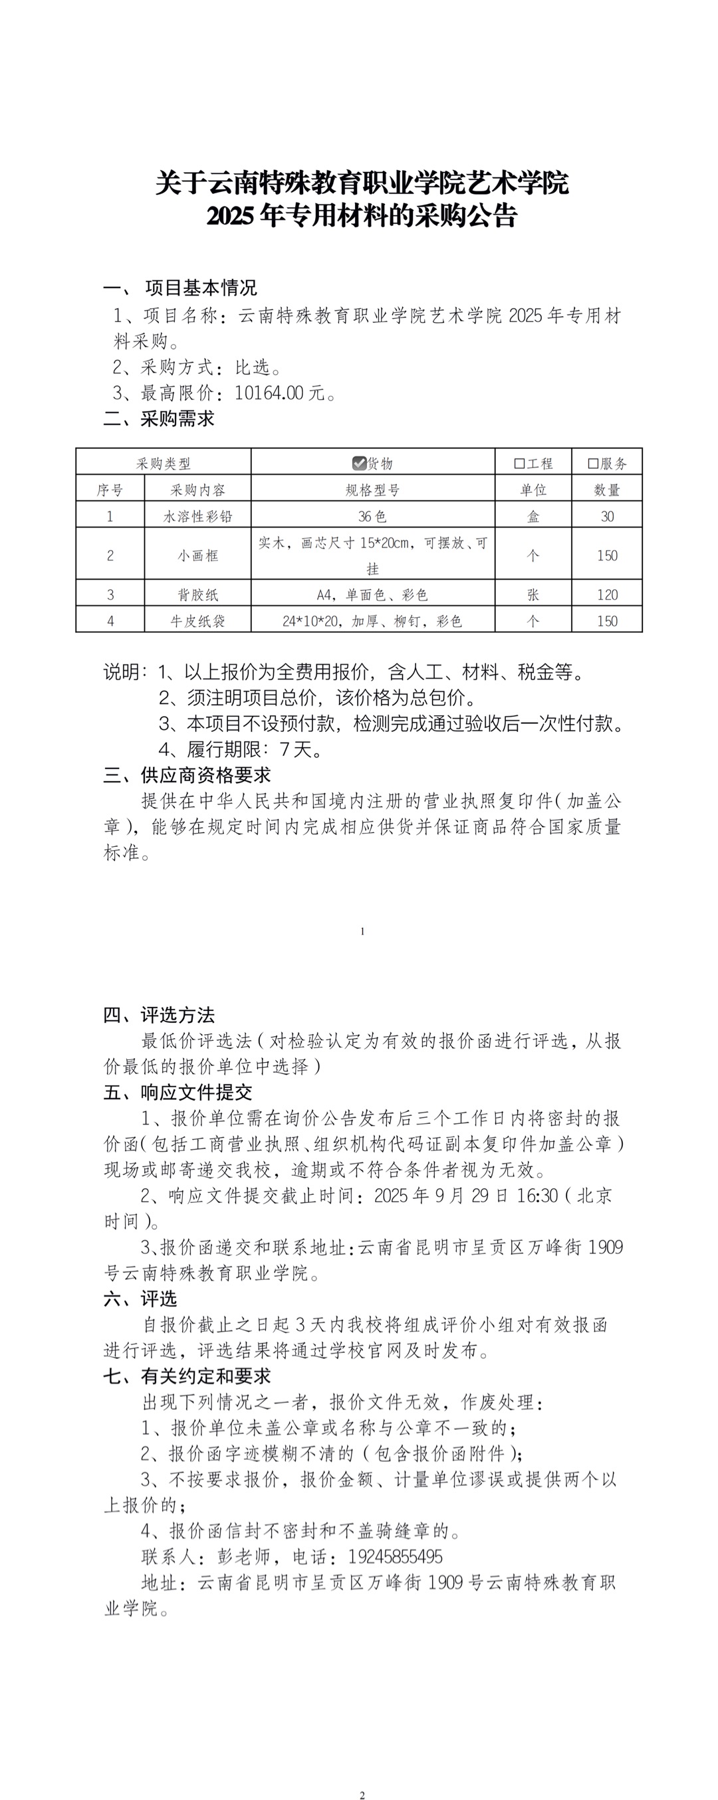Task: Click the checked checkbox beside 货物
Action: [x=360, y=462]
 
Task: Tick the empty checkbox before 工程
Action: [x=519, y=463]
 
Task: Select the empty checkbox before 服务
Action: [x=593, y=463]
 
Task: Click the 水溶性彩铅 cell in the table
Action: [x=198, y=516]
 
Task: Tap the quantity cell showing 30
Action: [x=607, y=516]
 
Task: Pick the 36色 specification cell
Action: [x=373, y=516]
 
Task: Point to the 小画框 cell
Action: [x=198, y=555]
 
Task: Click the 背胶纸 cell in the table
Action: [x=198, y=594]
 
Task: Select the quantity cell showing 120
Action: [x=607, y=594]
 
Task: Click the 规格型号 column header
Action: [x=373, y=490]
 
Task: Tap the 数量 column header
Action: [x=607, y=490]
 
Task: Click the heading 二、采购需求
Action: [x=159, y=418]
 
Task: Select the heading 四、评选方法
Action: [x=159, y=1015]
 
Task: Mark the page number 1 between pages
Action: [x=362, y=931]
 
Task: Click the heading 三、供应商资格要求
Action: [x=187, y=775]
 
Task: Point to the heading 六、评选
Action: [x=140, y=1299]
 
